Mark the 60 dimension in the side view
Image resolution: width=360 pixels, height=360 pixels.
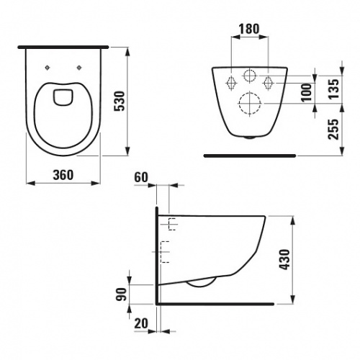click(x=141, y=176)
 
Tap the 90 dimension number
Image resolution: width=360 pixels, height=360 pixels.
click(x=122, y=293)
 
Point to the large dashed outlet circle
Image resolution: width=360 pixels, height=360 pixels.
click(x=249, y=102)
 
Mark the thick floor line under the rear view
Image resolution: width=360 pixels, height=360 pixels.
click(x=249, y=153)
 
